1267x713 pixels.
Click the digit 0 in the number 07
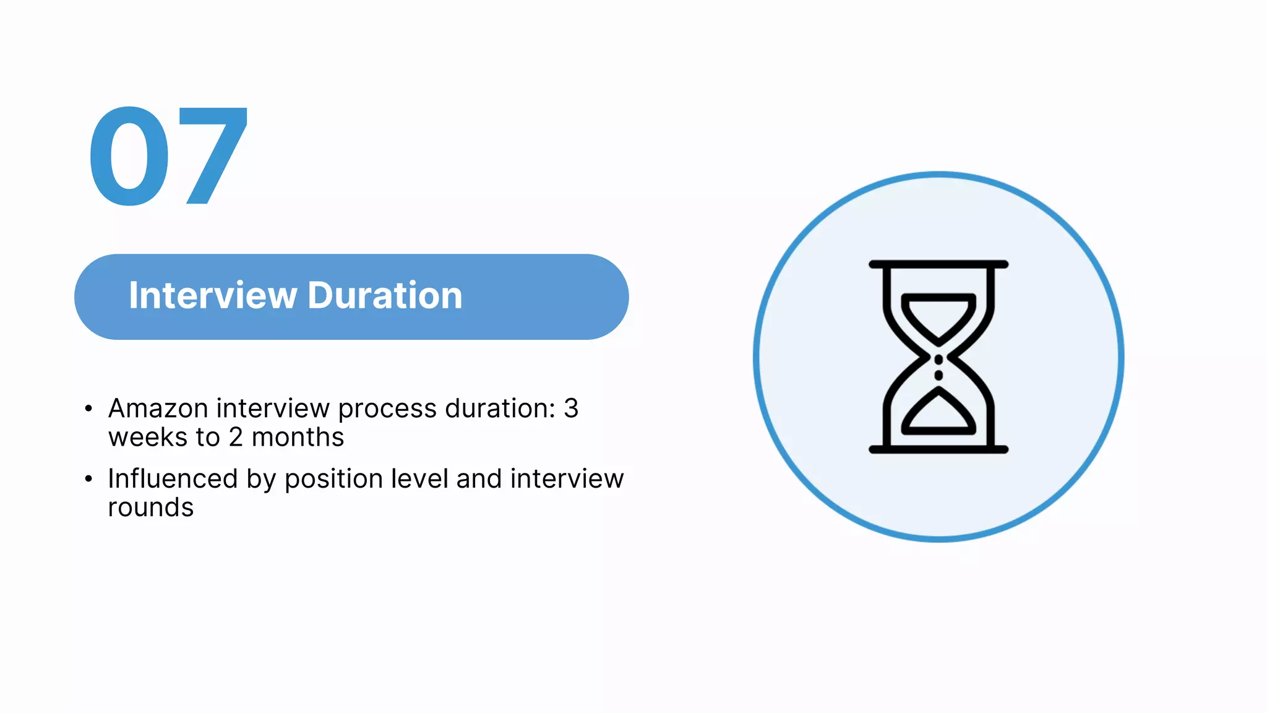coord(129,156)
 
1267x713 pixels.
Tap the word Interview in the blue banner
coord(213,295)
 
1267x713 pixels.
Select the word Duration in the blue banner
coord(385,295)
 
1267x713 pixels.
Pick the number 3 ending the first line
coord(570,408)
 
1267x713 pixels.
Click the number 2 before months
coord(236,438)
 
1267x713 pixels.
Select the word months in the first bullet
coord(298,438)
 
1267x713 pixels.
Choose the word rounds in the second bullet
coord(150,508)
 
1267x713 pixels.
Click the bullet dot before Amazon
coord(88,408)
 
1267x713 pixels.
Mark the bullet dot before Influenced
coord(88,478)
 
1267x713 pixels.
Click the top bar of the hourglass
coord(938,264)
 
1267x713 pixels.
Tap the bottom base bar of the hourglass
coord(938,449)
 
